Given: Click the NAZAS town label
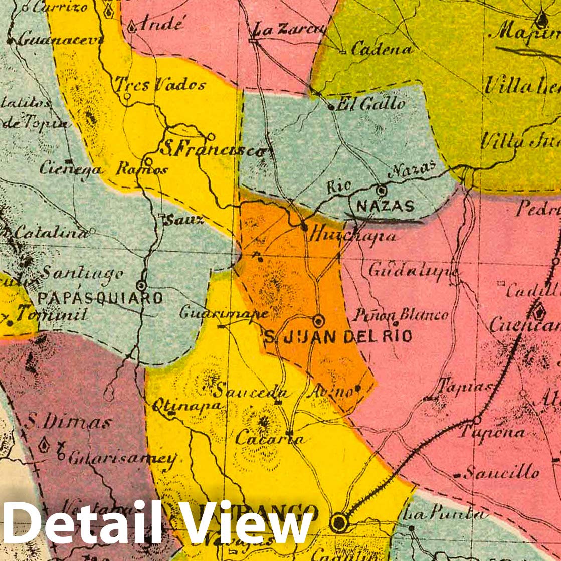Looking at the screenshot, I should [x=385, y=206].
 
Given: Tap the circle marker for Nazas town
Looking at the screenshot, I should [x=382, y=191].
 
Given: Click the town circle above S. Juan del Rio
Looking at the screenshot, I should [x=318, y=320].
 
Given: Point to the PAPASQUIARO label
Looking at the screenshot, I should [x=100, y=299].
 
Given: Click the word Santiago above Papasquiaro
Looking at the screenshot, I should [x=82, y=273].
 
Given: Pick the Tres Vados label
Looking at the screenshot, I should [x=160, y=84].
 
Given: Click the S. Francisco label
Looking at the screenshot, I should [x=213, y=149].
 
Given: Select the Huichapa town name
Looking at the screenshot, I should [x=353, y=235].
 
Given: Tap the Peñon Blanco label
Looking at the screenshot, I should [x=401, y=315].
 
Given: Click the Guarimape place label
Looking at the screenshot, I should [x=224, y=313].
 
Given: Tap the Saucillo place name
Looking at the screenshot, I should [x=501, y=472].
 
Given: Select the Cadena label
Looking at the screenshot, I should [x=382, y=49].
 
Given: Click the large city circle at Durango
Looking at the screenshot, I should [x=339, y=523].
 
